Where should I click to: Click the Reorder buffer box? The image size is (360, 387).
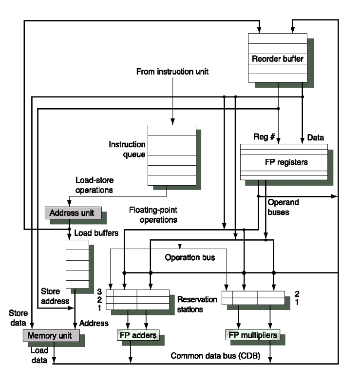coord(277,59)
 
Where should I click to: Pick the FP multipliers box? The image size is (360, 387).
coord(252,335)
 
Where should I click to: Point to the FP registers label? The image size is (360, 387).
coord(283,162)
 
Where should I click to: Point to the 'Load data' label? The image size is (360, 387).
coord(39,355)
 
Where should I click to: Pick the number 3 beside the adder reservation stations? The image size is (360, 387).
coord(99,291)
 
